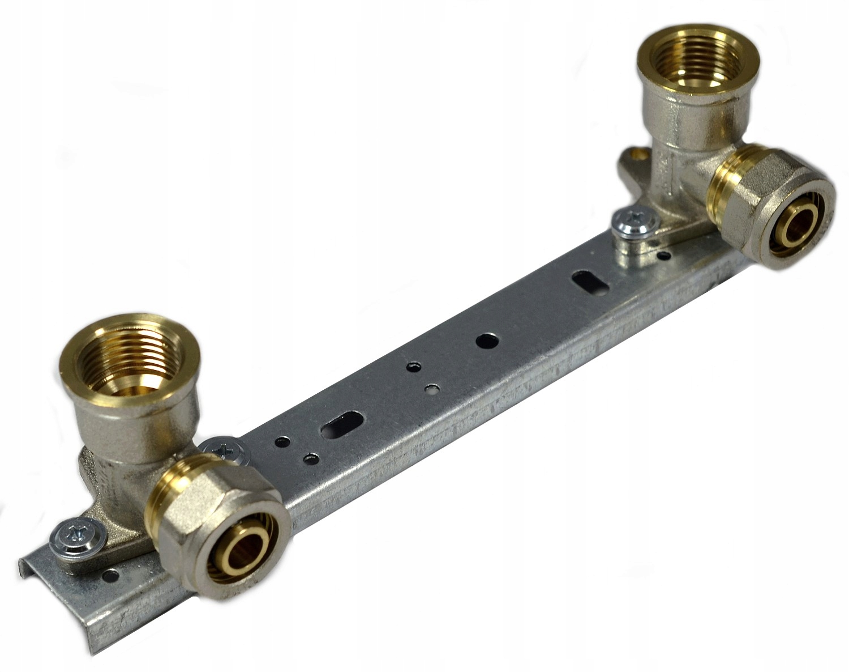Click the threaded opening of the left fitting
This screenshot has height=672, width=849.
click(x=131, y=363)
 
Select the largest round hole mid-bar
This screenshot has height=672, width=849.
click(x=487, y=341)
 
